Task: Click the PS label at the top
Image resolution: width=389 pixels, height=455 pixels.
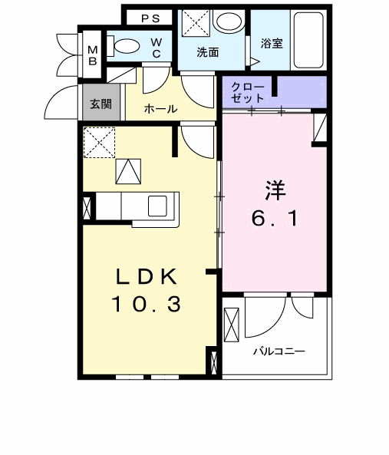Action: point(150,18)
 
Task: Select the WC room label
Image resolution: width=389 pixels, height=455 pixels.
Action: point(156,47)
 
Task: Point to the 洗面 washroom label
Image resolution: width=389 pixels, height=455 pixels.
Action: point(207,52)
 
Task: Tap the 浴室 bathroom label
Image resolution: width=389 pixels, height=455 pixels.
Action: point(272,43)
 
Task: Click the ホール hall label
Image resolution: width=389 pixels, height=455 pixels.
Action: point(161,109)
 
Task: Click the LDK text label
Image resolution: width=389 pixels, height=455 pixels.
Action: point(147,276)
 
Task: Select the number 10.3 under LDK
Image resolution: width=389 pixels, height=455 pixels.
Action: point(147,305)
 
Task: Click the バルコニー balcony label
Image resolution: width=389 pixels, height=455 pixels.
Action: point(279,351)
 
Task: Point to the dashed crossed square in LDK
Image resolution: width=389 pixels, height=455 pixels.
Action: point(99,143)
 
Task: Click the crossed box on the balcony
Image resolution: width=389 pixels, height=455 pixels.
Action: point(232,322)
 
